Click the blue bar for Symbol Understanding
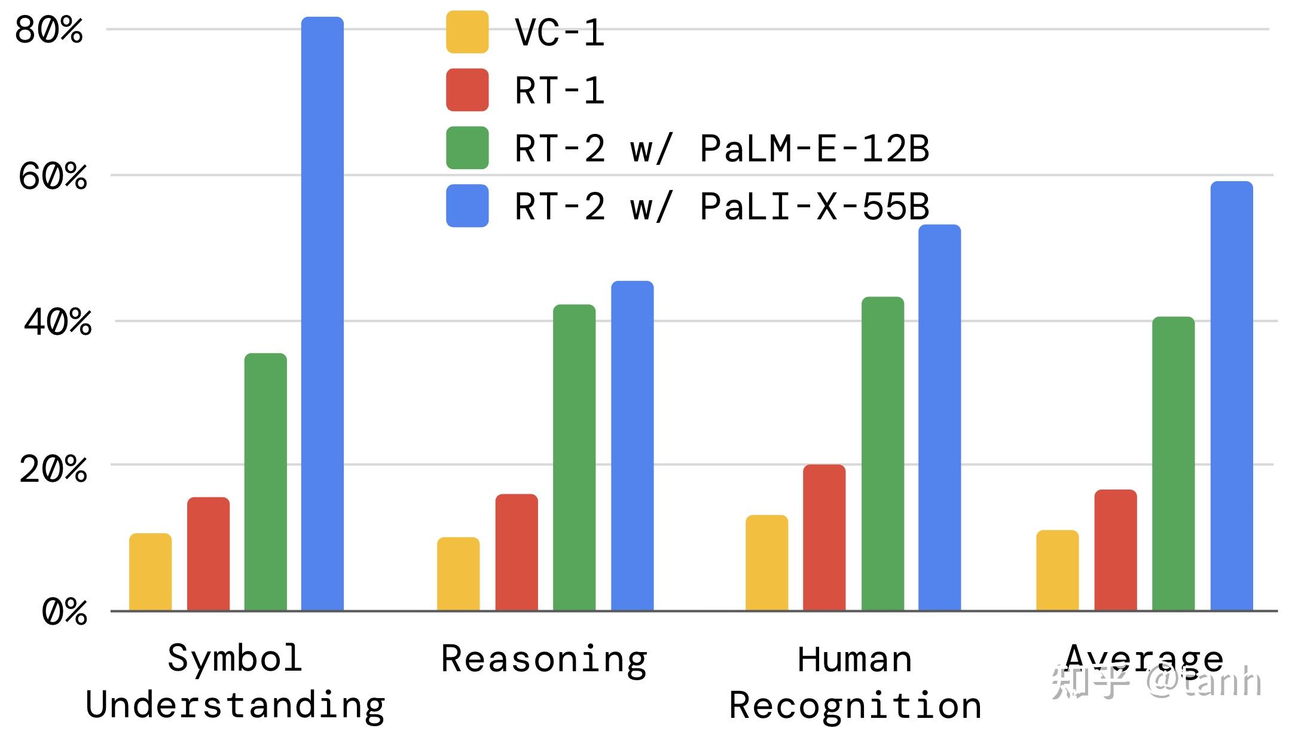point(322,314)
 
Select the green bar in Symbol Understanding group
point(265,482)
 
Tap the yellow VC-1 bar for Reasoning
point(458,574)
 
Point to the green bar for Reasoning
point(574,457)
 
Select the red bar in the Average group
point(1115,550)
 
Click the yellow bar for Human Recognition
point(766,562)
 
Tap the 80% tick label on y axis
point(48,30)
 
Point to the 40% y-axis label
point(57,322)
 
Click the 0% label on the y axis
point(64,612)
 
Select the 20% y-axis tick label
point(53,469)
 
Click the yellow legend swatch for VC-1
point(467,32)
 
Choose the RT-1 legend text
point(559,91)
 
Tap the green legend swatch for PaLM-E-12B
point(467,148)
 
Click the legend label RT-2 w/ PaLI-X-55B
point(721,206)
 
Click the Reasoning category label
point(544,659)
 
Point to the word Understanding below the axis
point(235,705)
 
